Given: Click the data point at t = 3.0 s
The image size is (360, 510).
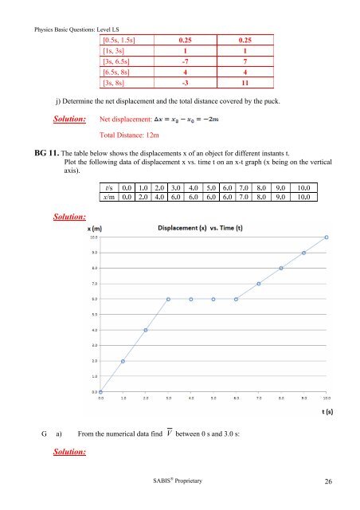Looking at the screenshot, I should (168, 300).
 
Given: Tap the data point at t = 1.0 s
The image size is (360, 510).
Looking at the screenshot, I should (123, 361).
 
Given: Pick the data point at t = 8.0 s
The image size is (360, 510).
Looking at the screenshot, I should (281, 269).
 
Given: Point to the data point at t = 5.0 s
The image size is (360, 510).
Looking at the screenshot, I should (213, 300).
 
